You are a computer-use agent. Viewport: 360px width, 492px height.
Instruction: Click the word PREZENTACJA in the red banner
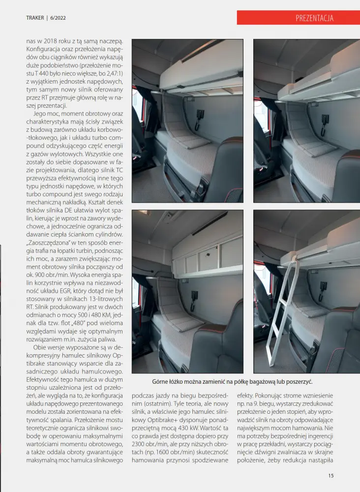[x=314, y=18]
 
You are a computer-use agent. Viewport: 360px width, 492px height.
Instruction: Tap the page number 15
[x=331, y=475]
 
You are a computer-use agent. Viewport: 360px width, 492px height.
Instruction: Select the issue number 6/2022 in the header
[x=58, y=18]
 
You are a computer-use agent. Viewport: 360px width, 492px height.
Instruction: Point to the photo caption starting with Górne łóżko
[x=233, y=382]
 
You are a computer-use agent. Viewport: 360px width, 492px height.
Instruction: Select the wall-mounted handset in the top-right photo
[x=325, y=120]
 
